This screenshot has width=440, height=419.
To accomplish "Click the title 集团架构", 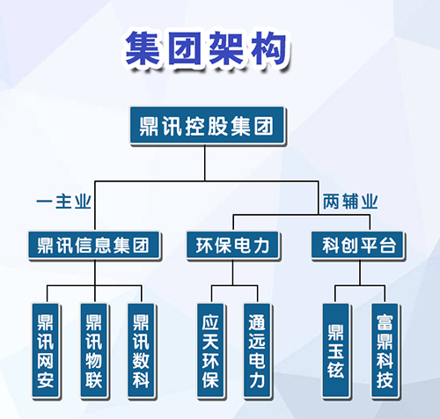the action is (206, 48).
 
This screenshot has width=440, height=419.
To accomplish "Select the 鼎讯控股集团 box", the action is (207, 126).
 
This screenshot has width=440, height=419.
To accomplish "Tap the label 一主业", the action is (63, 202).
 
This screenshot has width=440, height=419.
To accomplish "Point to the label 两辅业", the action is (350, 202).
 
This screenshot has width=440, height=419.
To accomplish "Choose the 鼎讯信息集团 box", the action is (94, 246).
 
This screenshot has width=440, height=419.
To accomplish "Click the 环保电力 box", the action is (233, 246).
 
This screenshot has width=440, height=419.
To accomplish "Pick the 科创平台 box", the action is (358, 246).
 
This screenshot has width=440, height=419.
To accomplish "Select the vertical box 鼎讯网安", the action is (46, 350).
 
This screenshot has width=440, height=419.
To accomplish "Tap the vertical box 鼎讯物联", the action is (94, 350).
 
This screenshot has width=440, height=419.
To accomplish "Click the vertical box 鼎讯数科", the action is (141, 350).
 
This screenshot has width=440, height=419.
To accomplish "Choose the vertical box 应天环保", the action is (210, 350).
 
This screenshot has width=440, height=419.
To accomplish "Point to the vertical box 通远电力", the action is (257, 350).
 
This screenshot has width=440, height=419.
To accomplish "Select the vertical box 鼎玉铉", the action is (336, 350).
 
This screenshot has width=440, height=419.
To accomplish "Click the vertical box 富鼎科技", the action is (385, 350).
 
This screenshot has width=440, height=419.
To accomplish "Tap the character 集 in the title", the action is (143, 48).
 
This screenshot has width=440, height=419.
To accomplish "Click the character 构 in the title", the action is (269, 48).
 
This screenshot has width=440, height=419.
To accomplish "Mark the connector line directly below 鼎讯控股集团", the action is (205, 163).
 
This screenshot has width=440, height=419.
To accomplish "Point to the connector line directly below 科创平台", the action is (360, 272).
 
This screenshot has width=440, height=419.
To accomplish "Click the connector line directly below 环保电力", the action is (233, 272).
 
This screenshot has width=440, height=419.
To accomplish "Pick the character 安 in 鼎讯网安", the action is (46, 380).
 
